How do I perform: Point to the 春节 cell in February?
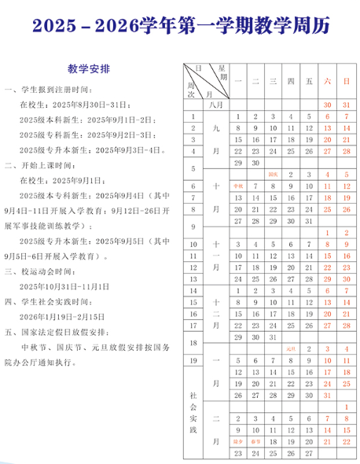point(255,441)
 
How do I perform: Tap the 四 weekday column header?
point(291,81)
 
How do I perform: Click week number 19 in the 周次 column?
point(193,360)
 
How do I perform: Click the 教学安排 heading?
point(88,68)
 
